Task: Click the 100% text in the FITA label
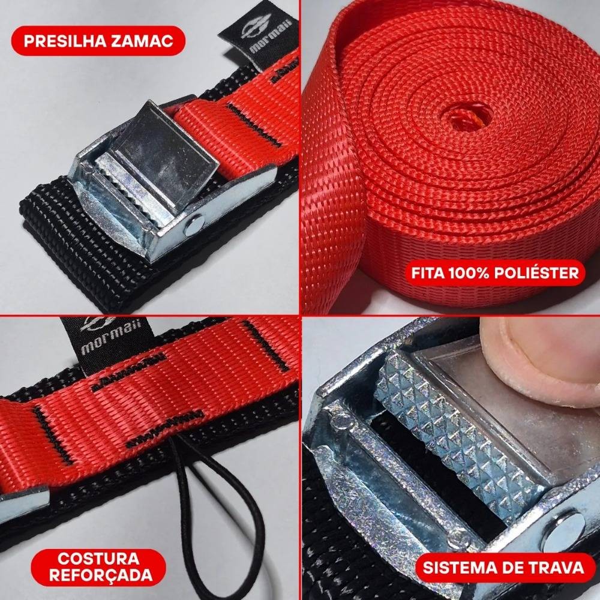[469, 273]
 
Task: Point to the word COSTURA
[98, 558]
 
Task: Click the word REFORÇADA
[101, 575]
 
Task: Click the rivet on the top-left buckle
[193, 226]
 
